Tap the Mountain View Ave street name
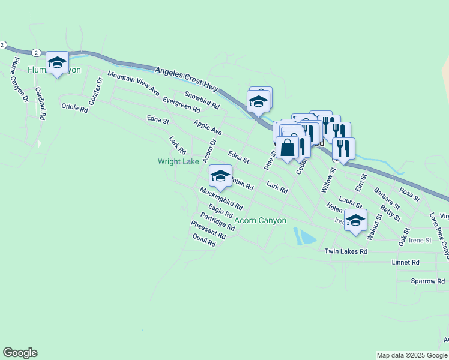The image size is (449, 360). point(133,83)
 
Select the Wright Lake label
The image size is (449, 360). point(178,161)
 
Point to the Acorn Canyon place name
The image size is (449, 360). point(260,221)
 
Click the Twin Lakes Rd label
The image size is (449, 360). point(345,251)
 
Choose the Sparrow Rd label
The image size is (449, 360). point(427,281)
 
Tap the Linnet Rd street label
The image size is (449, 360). point(405,262)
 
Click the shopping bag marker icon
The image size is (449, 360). point(288,148)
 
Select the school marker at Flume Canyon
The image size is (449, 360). point(57,62)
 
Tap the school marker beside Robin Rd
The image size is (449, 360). point(220,176)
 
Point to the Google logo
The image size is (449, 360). point(20,353)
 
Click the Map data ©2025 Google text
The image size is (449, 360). point(412,355)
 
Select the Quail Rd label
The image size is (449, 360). point(204,240)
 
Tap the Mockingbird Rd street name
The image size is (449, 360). point(221,198)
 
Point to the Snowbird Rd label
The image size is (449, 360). point(202,100)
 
